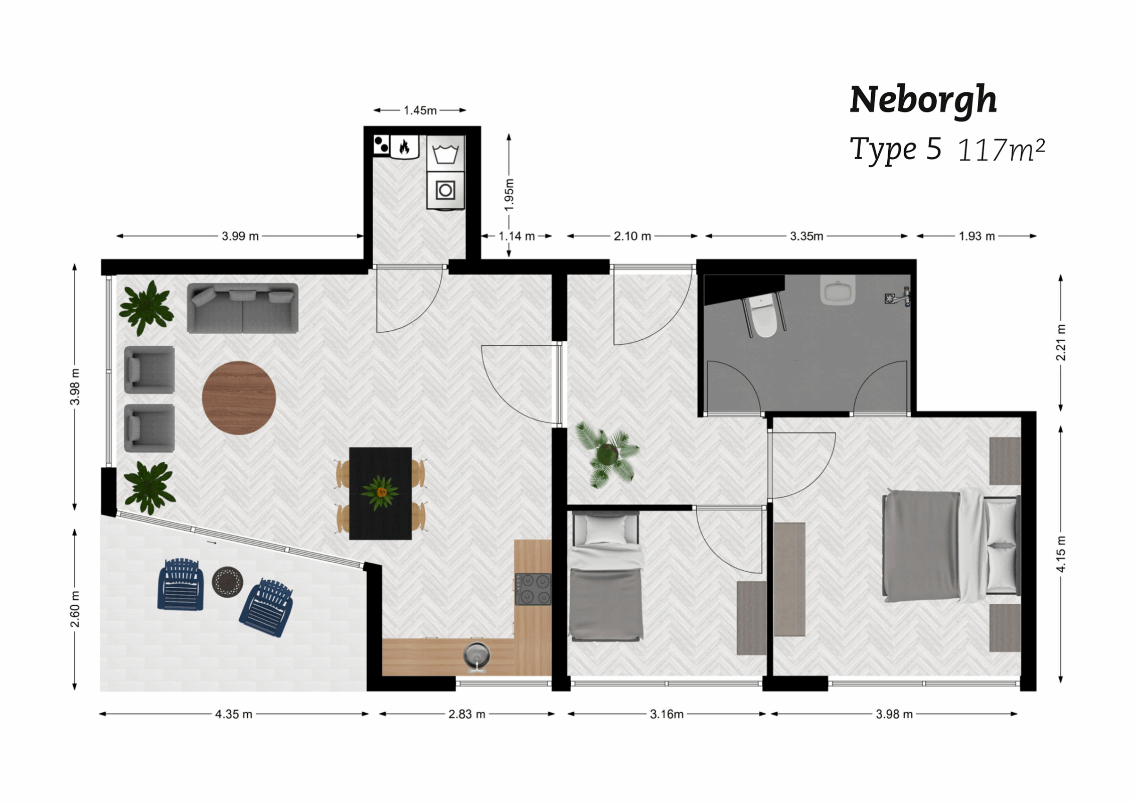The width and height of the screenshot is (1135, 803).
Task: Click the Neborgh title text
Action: pyautogui.click(x=923, y=100)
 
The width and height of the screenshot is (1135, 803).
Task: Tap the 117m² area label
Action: pyautogui.click(x=1001, y=150)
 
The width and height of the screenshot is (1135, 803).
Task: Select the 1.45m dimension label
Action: pyautogui.click(x=420, y=110)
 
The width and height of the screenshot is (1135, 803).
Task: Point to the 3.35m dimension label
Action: pyautogui.click(x=806, y=236)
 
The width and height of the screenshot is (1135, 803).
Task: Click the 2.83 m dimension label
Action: pyautogui.click(x=466, y=714)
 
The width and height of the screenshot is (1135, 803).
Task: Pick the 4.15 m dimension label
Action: pyautogui.click(x=1060, y=554)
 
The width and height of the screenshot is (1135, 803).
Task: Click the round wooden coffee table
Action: pyautogui.click(x=239, y=397)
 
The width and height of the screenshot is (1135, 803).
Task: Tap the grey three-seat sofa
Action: pyautogui.click(x=242, y=308)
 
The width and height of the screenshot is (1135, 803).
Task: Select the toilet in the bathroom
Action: pyautogui.click(x=763, y=317)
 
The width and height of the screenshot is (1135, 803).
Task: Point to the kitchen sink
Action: pyautogui.click(x=476, y=655)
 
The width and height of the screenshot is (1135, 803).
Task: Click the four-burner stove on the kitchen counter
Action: pyautogui.click(x=533, y=589)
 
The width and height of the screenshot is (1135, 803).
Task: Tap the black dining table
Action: pyautogui.click(x=380, y=493)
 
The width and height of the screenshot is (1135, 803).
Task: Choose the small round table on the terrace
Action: pyautogui.click(x=227, y=582)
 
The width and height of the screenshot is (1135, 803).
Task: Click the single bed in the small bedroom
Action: pyautogui.click(x=605, y=577)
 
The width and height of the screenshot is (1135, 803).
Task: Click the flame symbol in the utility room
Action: pyautogui.click(x=404, y=147)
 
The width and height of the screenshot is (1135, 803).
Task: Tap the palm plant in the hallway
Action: pyautogui.click(x=607, y=455)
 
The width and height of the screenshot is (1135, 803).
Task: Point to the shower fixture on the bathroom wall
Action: pyautogui.click(x=898, y=297)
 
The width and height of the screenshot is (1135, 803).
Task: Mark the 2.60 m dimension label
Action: pyautogui.click(x=75, y=609)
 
